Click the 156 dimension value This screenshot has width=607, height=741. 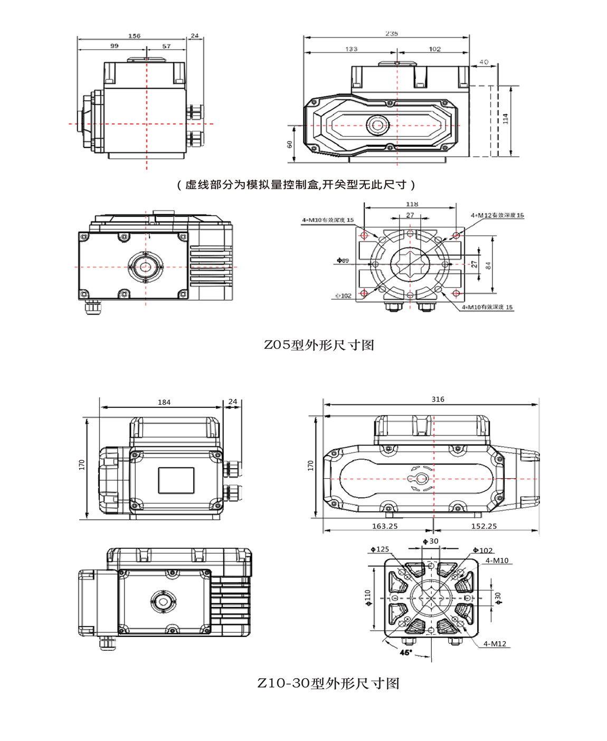point(134,36)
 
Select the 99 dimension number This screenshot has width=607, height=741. point(115,46)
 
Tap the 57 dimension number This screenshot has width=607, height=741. point(166,46)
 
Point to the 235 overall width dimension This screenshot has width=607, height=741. point(391,33)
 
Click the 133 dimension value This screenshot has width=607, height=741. point(351,49)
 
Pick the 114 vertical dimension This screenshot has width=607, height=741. point(505,118)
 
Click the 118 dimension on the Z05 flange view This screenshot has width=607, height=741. point(412,204)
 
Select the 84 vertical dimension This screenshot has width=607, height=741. point(488,265)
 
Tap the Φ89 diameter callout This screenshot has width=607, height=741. point(343,260)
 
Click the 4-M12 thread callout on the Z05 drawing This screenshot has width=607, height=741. point(497,215)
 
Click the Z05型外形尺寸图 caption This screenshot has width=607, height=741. point(319,345)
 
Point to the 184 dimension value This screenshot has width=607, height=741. point(164,402)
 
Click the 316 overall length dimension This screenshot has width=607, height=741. point(438,399)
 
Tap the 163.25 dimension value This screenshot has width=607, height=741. point(384,526)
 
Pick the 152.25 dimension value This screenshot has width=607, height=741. point(483,526)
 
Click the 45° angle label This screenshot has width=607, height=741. point(405,652)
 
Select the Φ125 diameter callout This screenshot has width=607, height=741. point(380,549)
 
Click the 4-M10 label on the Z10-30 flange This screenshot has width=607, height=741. point(497,560)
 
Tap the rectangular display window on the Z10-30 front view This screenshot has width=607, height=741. point(176,480)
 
